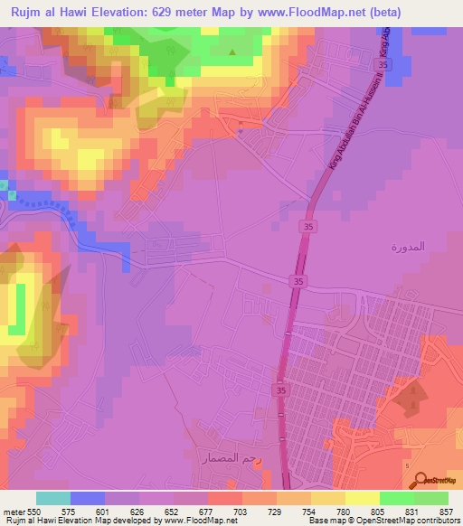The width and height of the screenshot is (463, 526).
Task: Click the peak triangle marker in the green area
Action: [232, 52]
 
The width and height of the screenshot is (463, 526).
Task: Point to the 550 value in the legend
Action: [34, 511]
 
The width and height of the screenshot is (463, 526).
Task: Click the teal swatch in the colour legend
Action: [53, 498]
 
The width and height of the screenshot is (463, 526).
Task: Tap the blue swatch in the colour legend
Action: [88, 498]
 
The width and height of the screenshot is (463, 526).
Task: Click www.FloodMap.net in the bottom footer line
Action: [195, 521]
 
